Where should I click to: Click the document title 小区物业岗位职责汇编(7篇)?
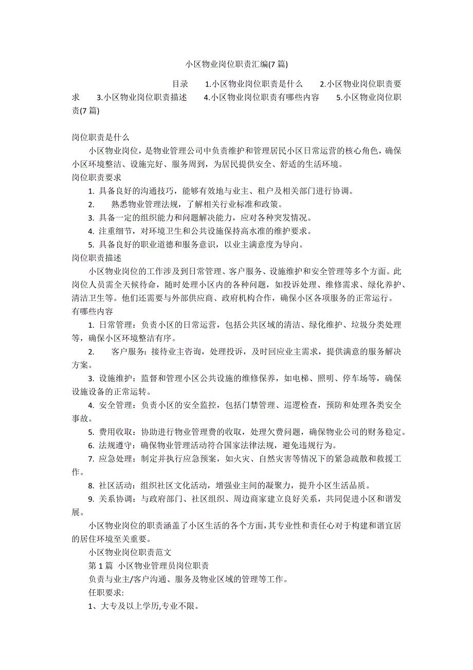pyautogui.click(x=236, y=64)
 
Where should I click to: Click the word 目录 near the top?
pyautogui.click(x=180, y=84)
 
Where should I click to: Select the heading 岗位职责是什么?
pyautogui.click(x=100, y=137)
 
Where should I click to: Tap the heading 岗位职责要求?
pyautogui.click(x=96, y=178)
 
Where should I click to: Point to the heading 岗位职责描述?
pyautogui.click(x=96, y=258)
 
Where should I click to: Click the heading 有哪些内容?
pyautogui.click(x=92, y=311)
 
